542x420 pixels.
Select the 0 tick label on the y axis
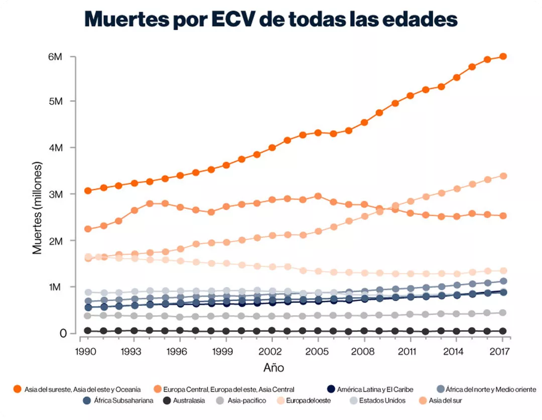click(63, 333)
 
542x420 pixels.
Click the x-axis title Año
click(274, 368)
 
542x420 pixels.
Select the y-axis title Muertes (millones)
click(38, 208)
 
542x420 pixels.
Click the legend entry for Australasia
click(189, 400)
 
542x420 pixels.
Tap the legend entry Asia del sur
click(445, 400)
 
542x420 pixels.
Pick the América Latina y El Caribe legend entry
click(375, 389)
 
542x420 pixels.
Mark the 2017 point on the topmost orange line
click(503, 56)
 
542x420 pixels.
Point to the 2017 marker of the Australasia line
click(503, 331)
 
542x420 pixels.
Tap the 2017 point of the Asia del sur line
click(503, 176)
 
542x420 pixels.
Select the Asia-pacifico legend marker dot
click(220, 400)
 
